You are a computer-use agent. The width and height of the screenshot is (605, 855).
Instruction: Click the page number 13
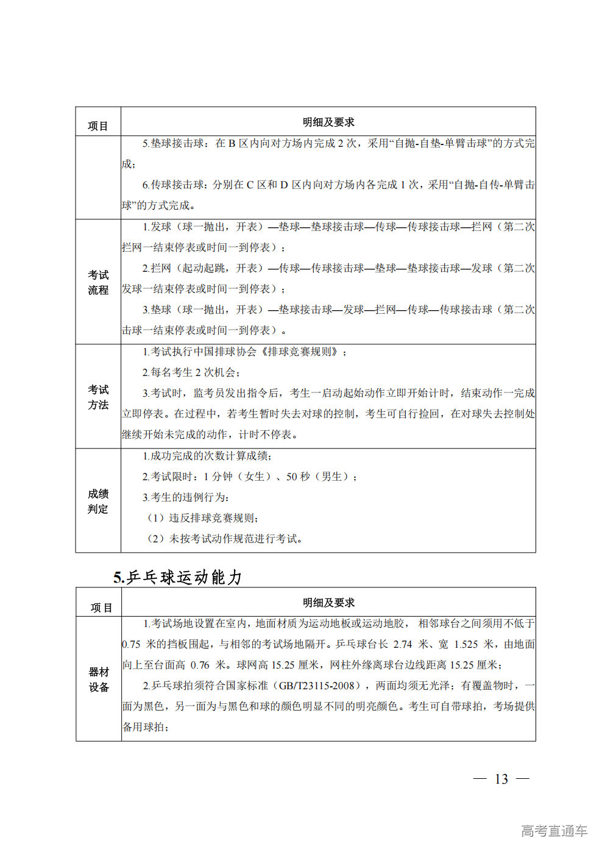coord(501,779)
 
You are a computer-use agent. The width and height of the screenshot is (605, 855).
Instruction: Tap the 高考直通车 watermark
coord(554,831)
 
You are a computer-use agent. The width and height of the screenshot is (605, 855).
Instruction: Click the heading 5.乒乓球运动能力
coord(177,577)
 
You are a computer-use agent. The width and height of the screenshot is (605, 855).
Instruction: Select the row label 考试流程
coord(98,282)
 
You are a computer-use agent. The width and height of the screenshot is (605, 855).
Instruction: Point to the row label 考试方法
coord(98,397)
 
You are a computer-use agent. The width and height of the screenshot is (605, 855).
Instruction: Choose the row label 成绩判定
coord(98,501)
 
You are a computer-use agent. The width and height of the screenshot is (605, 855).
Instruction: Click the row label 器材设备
coord(99,679)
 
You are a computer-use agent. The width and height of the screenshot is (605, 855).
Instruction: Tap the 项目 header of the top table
coord(97,126)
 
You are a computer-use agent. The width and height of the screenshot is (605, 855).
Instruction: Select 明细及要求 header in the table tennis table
coord(328,602)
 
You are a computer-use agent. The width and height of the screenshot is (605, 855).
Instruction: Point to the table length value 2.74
coord(403,644)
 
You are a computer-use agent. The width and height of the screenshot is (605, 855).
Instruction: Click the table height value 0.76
coord(200,665)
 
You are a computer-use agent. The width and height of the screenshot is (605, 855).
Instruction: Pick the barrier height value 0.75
coord(132,644)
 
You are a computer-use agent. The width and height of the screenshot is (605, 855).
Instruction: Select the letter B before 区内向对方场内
coord(232,143)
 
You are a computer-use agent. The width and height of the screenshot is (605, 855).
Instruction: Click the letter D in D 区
coord(284,185)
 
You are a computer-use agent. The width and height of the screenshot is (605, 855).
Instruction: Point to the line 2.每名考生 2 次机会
coord(191,372)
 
